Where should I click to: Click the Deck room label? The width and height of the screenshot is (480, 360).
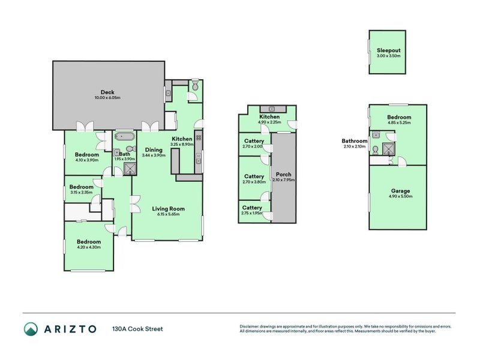click(108, 92)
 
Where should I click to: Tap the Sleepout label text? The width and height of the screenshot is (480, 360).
click(388, 50)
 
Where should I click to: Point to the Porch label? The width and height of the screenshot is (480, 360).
click(283, 174)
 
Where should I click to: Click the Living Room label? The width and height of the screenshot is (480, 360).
click(168, 209)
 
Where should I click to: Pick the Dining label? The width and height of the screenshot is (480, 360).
click(154, 150)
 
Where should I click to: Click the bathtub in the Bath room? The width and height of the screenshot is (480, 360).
click(125, 136)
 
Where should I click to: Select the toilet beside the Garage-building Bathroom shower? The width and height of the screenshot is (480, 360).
click(375, 149)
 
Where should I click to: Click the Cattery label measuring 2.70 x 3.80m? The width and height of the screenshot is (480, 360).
click(254, 176)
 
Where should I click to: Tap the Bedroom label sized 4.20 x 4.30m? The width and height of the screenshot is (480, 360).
click(88, 241)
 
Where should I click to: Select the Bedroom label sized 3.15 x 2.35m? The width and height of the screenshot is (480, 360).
click(81, 187)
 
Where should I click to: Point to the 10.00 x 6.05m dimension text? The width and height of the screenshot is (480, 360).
click(108, 98)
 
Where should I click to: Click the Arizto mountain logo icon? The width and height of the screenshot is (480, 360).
click(31, 329)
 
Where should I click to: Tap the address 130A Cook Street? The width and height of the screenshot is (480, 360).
click(137, 329)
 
